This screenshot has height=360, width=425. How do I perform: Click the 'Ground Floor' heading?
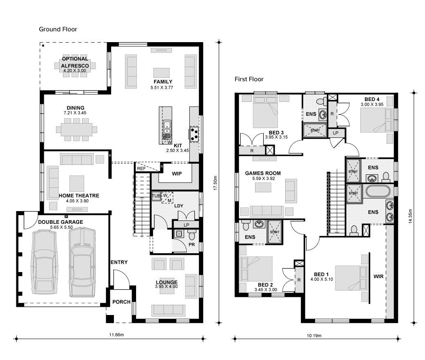58,29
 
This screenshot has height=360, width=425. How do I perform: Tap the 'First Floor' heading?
249,79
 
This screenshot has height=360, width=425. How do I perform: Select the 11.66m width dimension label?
116,335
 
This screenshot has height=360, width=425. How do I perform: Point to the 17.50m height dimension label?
215,183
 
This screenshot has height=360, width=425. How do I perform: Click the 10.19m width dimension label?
314,335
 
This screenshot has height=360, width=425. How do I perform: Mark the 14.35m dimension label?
410,216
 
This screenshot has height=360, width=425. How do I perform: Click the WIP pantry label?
177,173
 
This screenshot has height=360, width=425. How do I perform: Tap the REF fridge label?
141,169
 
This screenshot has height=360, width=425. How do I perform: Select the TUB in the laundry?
156,196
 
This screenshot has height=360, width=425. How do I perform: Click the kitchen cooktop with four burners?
194,134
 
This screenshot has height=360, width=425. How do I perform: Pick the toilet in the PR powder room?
192,235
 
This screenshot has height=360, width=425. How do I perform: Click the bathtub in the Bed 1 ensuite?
378,191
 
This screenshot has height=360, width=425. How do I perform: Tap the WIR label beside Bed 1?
378,277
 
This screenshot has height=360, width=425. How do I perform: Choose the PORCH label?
121,301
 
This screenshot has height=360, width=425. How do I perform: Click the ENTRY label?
119,262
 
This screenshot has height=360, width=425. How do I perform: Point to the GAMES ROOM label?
263,173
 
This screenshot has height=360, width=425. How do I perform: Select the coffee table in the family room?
161,73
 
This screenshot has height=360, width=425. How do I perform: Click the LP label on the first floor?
336,133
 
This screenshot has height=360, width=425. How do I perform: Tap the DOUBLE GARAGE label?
60,222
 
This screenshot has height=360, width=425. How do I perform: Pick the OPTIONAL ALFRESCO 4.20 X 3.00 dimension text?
74,70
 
